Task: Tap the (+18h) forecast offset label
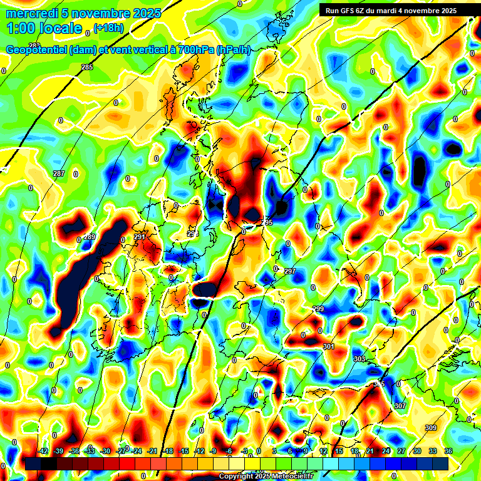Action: tap(108, 27)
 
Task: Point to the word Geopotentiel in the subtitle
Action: tap(37, 49)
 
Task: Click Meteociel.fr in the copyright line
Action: tap(290, 477)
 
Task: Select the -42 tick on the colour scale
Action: tap(43, 451)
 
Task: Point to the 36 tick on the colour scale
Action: tap(448, 451)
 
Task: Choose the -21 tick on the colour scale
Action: tap(152, 451)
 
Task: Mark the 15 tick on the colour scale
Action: tap(339, 451)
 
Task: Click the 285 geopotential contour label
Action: tap(87, 67)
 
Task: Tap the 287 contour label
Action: tap(58, 173)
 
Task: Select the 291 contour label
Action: tap(139, 237)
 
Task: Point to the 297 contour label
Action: tap(289, 271)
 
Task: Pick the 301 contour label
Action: tap(329, 347)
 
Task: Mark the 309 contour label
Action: tap(431, 428)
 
